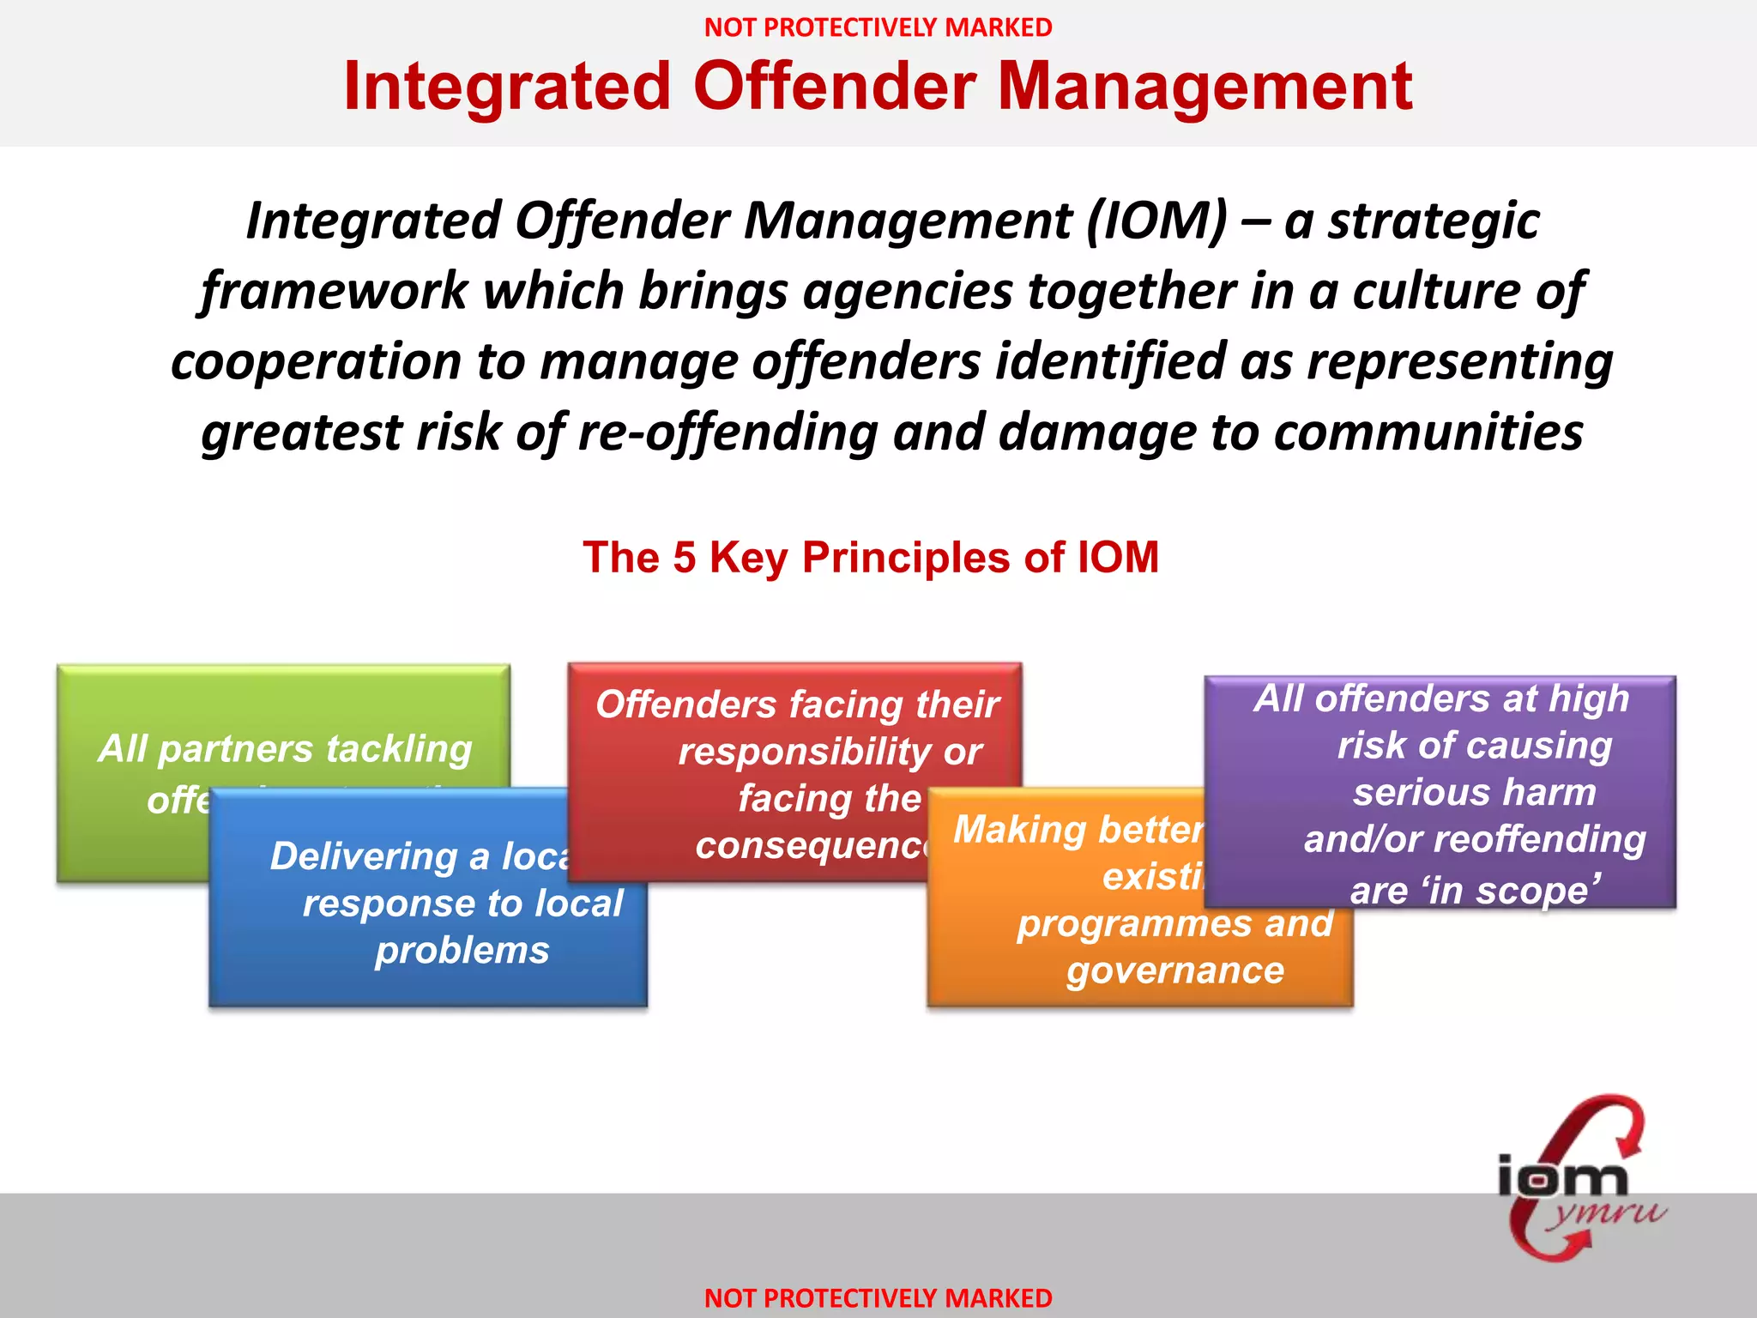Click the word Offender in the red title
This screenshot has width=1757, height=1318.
pos(834,87)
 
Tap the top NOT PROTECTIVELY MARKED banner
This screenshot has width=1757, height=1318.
pos(878,27)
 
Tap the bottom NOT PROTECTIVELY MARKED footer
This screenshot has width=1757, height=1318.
pos(878,1297)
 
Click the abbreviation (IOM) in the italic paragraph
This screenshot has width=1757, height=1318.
pos(1157,221)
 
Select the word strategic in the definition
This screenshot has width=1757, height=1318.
pos(1434,221)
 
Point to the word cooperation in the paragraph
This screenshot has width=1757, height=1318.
pos(316,362)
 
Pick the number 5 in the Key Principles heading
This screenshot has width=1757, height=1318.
pos(684,558)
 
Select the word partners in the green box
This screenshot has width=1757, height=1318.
pos(236,749)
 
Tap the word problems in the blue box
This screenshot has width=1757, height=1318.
pos(462,951)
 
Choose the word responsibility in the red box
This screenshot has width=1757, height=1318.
pos(803,752)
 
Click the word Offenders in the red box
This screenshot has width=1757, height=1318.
pos(685,704)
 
